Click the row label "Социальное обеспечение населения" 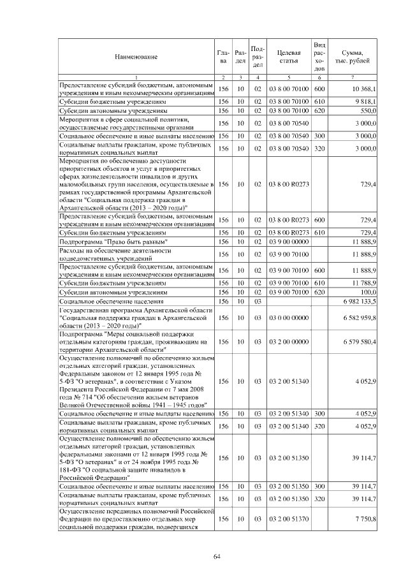click(112, 300)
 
